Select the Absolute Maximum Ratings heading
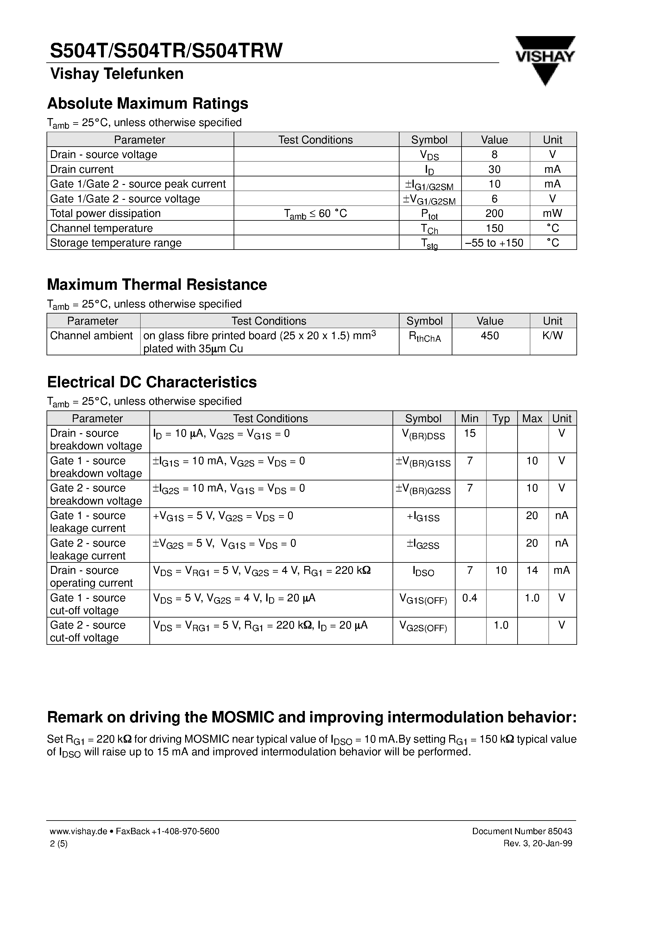(x=148, y=104)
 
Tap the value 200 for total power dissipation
(x=494, y=213)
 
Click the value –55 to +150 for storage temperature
(x=494, y=243)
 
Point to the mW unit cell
(x=552, y=213)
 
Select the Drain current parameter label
(x=82, y=169)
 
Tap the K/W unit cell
(x=552, y=336)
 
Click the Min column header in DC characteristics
(x=470, y=418)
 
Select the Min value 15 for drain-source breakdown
(x=470, y=434)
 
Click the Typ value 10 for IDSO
(x=501, y=570)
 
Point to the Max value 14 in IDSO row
(x=532, y=570)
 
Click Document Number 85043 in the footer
(x=522, y=831)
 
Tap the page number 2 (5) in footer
(x=59, y=843)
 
